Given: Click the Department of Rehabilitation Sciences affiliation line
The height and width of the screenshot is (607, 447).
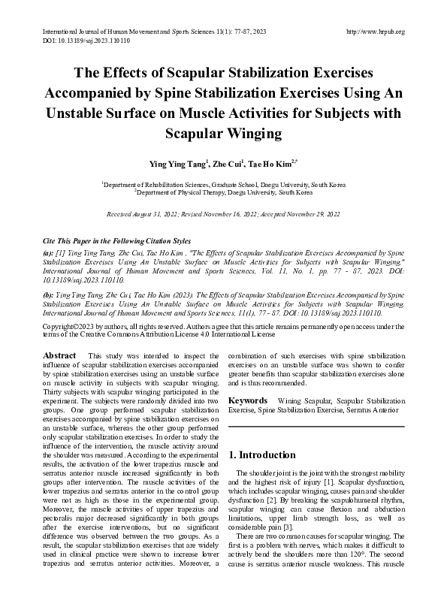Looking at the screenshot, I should [x=224, y=183].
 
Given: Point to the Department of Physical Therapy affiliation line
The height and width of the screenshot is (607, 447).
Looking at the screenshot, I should [x=224, y=192].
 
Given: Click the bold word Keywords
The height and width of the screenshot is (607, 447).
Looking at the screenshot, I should [x=248, y=402].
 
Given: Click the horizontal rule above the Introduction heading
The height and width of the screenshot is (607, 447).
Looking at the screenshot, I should [x=316, y=428].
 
